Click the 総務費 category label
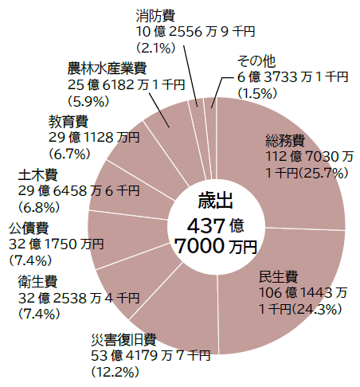[285, 141]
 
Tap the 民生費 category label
[278, 277]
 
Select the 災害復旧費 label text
[123, 340]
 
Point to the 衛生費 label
[37, 282]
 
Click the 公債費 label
[29, 229]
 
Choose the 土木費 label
[37, 175]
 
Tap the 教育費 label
[68, 122]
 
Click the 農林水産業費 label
[107, 68]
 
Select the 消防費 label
[155, 16]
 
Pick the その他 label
[256, 61]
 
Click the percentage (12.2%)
[115, 372]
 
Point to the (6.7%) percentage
[69, 154]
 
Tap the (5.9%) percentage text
[88, 101]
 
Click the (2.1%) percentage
[156, 48]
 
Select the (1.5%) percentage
[257, 93]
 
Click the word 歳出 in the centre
[215, 201]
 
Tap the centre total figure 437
[206, 226]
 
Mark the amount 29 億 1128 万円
[94, 138]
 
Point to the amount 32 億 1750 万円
[56, 244]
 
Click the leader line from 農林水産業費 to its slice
[159, 110]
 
